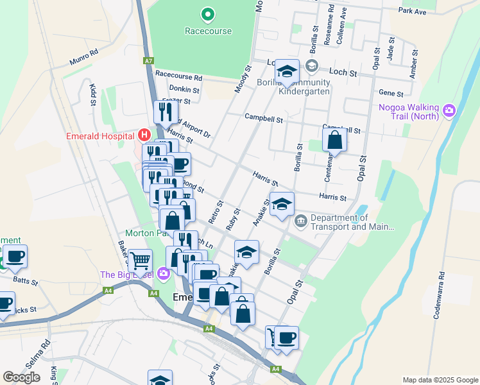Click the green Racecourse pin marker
point(207,13)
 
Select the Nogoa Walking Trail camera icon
point(449,111)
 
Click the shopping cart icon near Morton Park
point(140,261)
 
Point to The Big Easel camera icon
point(163,275)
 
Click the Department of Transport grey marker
point(300,222)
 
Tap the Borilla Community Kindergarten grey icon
point(312,65)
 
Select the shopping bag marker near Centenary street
point(334,139)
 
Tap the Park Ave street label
point(411,12)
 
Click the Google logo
point(21,377)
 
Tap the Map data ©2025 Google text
point(440,380)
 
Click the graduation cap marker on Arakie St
point(282,204)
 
